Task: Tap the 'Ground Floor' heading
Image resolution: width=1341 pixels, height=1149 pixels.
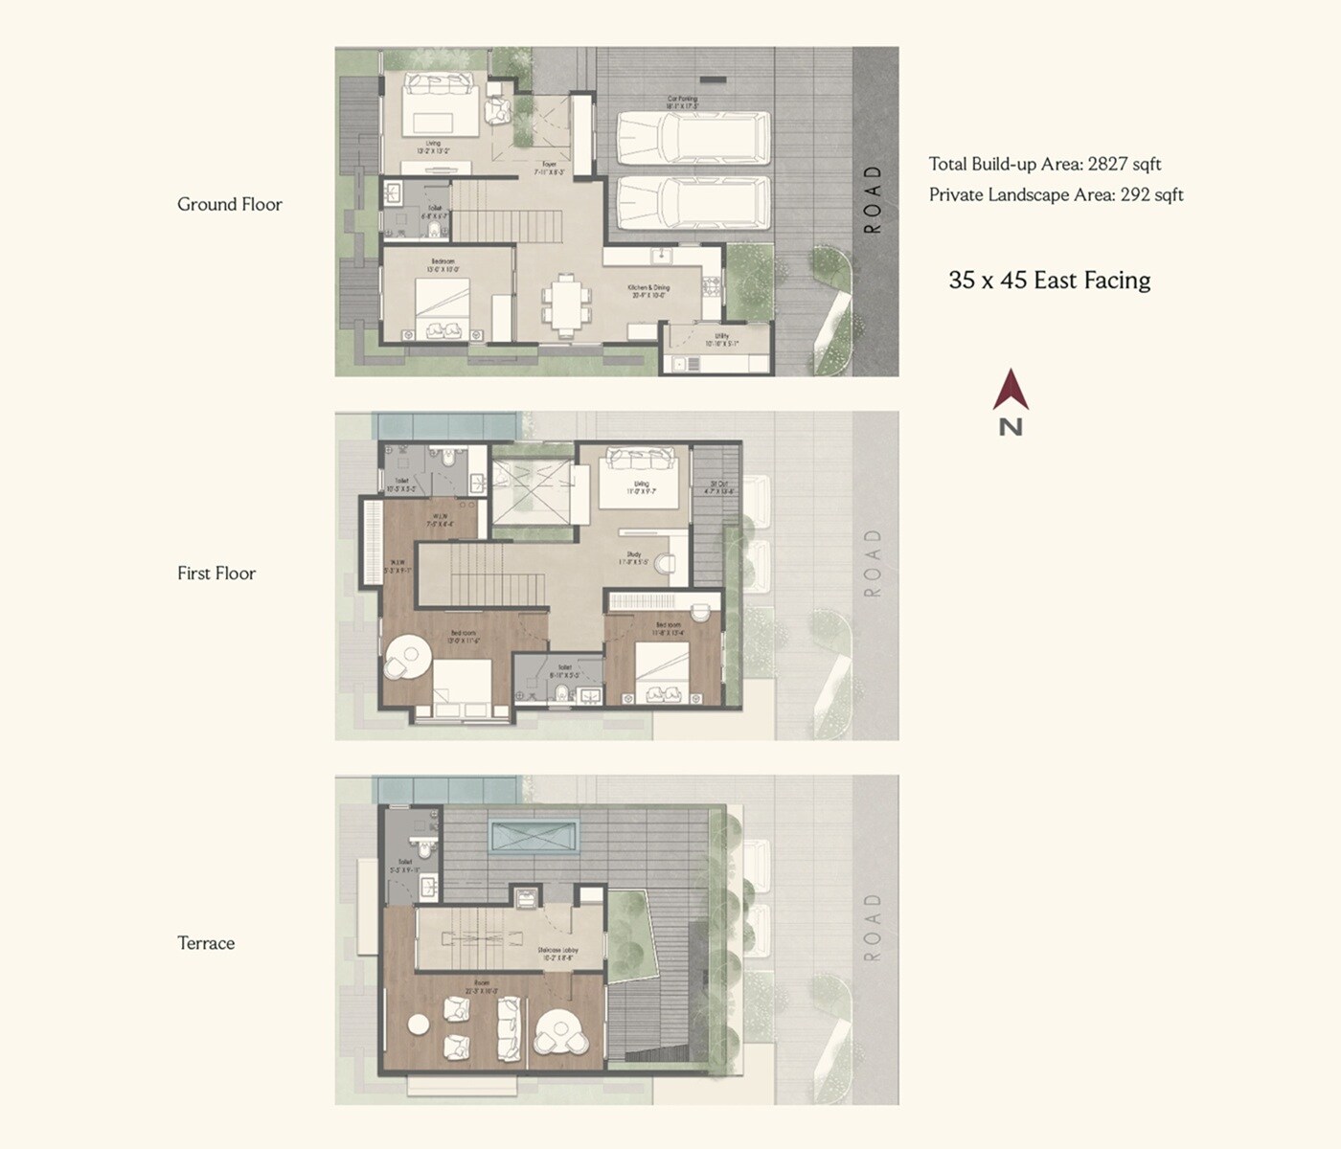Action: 230,204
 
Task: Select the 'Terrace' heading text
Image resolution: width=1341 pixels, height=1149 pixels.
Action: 206,943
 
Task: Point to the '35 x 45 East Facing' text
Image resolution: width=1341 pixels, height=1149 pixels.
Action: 1050,281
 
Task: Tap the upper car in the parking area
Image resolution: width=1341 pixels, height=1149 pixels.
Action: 693,138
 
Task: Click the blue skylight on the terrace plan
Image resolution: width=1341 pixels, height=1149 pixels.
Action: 534,835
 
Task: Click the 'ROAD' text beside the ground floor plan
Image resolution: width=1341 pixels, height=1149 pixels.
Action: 872,200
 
